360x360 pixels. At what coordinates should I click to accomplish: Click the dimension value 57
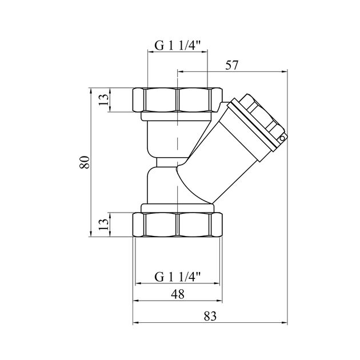(232, 65)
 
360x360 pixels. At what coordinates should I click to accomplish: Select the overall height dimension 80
(84, 162)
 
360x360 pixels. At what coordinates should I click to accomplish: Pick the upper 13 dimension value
(102, 99)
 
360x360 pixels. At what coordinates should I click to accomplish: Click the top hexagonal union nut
(178, 100)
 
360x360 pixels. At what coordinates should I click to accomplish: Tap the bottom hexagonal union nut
(178, 224)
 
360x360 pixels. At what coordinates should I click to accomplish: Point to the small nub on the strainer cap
(281, 138)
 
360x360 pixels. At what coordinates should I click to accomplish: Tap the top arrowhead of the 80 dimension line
(91, 90)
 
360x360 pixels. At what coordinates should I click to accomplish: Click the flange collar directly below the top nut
(178, 117)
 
